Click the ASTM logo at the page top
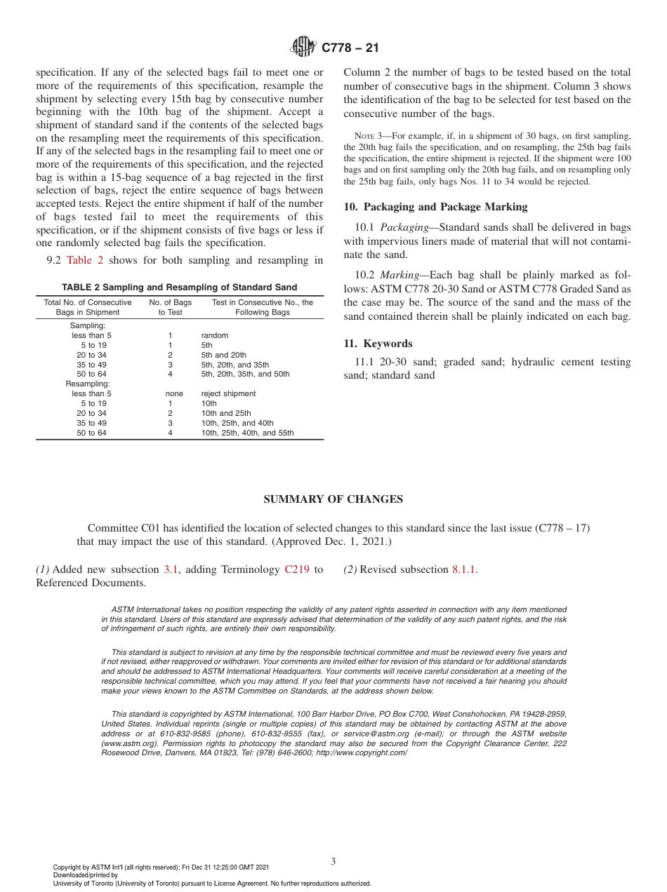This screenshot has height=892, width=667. point(305,48)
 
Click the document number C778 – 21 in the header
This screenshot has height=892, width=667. point(350,48)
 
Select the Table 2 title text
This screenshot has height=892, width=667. point(179,288)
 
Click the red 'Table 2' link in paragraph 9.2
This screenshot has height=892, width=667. point(85,260)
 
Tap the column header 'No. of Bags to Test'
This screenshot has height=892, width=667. point(170,307)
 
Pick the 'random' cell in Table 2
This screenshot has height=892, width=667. point(214,335)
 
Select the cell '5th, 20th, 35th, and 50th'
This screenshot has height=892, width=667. point(245,374)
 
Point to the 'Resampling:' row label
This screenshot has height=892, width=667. point(88,384)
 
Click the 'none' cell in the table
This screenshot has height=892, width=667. point(170,393)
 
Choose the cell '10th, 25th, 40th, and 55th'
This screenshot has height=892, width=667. point(247,433)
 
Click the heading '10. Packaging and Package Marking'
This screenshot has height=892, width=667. point(435,207)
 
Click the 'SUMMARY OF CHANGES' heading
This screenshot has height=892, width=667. point(333,499)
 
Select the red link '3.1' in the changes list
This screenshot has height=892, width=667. point(171,569)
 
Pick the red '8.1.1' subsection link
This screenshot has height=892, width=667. point(464,569)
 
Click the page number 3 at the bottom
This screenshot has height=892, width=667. point(333,861)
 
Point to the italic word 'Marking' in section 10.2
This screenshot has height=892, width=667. point(399,274)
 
